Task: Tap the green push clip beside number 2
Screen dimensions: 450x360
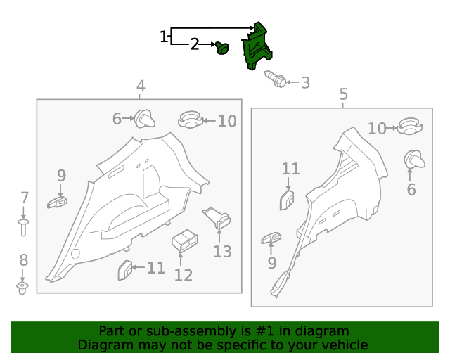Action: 222,48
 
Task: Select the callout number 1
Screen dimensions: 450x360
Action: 163,37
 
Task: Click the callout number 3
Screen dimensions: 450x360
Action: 305,83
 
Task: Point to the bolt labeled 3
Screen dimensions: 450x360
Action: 276,79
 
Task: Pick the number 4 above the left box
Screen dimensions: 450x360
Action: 141,86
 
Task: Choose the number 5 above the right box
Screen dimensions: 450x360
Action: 344,94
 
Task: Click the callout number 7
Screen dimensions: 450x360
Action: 25,198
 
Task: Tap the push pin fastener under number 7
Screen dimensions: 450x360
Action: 23,228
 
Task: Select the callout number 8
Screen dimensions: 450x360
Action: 23,260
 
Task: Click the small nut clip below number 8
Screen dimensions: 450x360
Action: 22,288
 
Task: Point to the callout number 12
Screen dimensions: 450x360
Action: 184,276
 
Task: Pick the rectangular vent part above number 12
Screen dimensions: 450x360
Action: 185,240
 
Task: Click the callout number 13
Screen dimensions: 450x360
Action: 222,252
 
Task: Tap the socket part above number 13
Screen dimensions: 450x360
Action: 217,218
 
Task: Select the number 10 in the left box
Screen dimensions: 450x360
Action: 227,121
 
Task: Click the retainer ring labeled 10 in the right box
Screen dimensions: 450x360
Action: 409,126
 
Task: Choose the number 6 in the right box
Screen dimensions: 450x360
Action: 411,189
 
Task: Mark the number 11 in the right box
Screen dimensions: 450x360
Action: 290,169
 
